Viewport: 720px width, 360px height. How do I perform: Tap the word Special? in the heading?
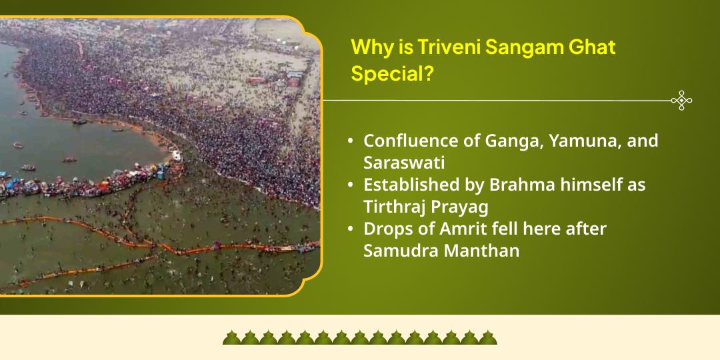coord(388,74)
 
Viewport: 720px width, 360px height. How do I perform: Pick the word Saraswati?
coord(404,163)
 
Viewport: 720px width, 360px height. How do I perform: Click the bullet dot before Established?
coord(351,185)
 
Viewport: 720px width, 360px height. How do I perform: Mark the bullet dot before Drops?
coord(351,229)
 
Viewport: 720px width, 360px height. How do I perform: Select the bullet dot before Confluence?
coord(351,141)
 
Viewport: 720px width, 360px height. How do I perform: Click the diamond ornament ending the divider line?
coord(681,101)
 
